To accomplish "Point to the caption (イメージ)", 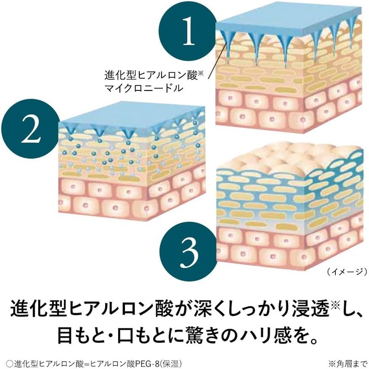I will pyautogui.click(x=346, y=271).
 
